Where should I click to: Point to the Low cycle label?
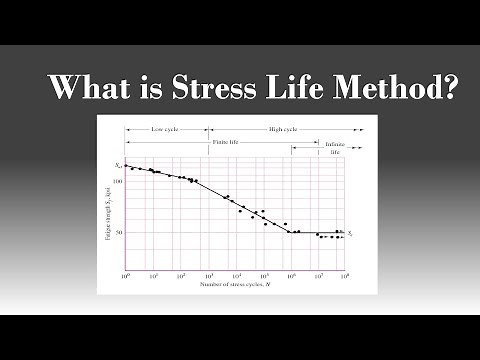pyautogui.click(x=166, y=130)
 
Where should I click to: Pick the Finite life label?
pyautogui.click(x=227, y=144)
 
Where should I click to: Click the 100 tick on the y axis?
pyautogui.click(x=116, y=181)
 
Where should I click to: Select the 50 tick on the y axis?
pyautogui.click(x=118, y=233)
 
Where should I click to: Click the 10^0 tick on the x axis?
pyautogui.click(x=126, y=276)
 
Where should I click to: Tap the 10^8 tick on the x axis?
pyautogui.click(x=345, y=276)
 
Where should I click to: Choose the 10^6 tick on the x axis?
pyautogui.click(x=290, y=276)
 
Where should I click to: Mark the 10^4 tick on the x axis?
pyautogui.click(x=236, y=276)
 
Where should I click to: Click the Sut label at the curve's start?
pyautogui.click(x=117, y=164)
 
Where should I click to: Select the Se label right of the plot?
pyautogui.click(x=352, y=232)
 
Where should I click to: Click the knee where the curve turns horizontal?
pyautogui.click(x=290, y=233)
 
